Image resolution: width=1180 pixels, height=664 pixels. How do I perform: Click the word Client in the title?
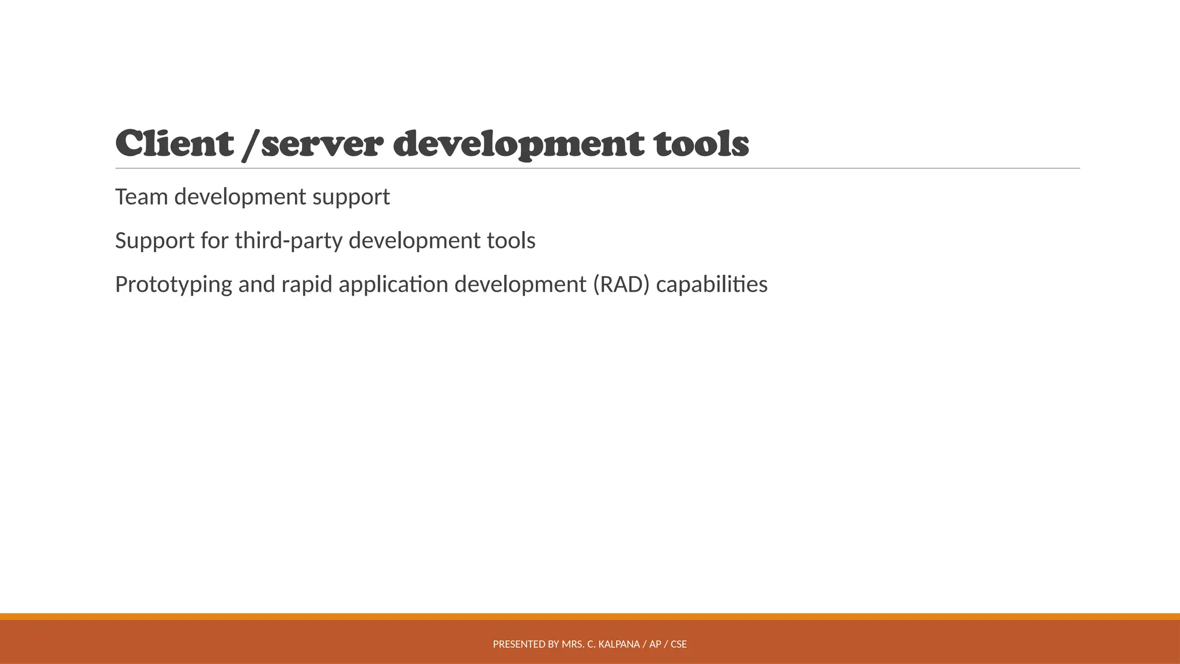(x=175, y=144)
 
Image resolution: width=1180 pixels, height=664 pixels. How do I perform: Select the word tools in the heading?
(x=701, y=144)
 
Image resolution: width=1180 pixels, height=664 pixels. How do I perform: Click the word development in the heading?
(x=519, y=144)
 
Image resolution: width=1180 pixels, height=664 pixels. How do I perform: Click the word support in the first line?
(x=351, y=197)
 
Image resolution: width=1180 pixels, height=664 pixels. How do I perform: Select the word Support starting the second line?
(x=155, y=241)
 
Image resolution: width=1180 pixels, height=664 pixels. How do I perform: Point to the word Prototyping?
(x=173, y=285)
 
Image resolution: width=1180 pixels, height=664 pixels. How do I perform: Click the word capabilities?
(x=712, y=285)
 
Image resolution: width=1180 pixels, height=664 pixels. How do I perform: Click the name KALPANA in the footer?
(x=619, y=644)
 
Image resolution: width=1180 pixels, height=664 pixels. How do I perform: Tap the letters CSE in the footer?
(x=679, y=644)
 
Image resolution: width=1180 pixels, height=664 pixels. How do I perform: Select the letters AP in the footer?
(x=655, y=644)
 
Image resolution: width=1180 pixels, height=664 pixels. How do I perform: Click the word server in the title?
(x=322, y=144)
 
